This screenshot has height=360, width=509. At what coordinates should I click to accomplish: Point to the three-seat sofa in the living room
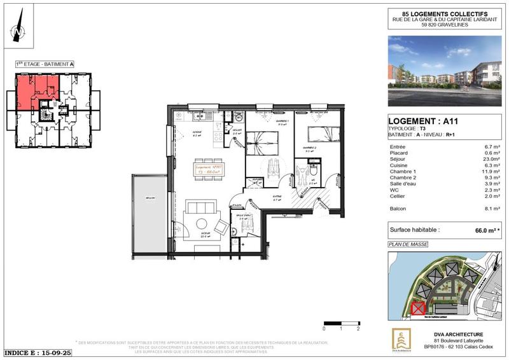(200, 207)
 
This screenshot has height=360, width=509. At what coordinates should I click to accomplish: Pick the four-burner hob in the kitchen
(220, 135)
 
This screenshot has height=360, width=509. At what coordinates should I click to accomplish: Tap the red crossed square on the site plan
(417, 308)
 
